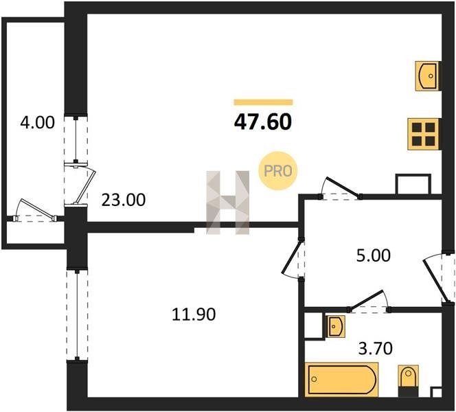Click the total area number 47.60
[263, 122]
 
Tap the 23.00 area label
[124, 200]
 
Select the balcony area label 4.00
[38, 122]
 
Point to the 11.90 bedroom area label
[194, 314]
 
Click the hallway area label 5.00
[374, 255]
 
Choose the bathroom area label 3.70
[376, 348]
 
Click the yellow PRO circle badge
[277, 171]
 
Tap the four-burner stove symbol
[423, 134]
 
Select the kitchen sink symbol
[427, 76]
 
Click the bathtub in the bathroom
[341, 380]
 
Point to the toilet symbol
[409, 380]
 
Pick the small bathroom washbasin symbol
[336, 326]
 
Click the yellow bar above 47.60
[263, 102]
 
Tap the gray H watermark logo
[228, 203]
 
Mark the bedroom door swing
[293, 258]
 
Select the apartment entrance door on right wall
[437, 278]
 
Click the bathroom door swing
[369, 301]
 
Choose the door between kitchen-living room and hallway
[341, 188]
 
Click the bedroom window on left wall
[77, 315]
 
